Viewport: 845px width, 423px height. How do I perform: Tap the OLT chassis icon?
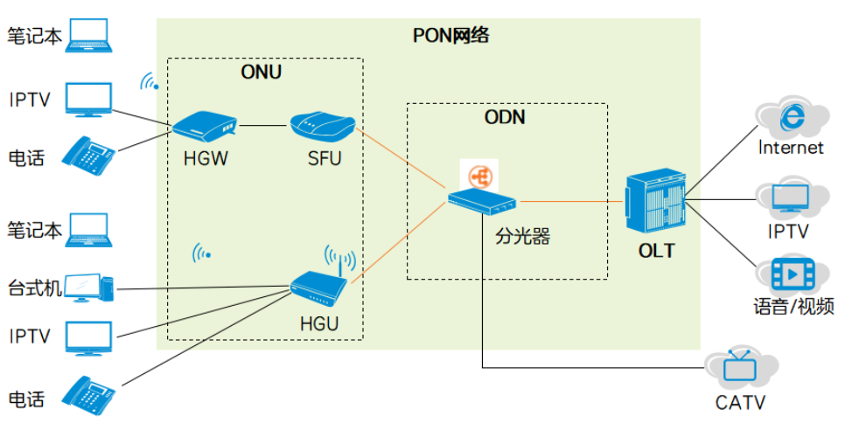point(655,204)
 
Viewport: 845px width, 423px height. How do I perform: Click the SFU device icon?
point(323,127)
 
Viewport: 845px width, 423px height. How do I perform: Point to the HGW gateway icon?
point(205,126)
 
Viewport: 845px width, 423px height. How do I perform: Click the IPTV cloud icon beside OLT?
point(793,198)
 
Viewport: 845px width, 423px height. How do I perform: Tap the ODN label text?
point(505,116)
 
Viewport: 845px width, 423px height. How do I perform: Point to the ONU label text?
point(261,72)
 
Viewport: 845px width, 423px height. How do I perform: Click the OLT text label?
point(656,251)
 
